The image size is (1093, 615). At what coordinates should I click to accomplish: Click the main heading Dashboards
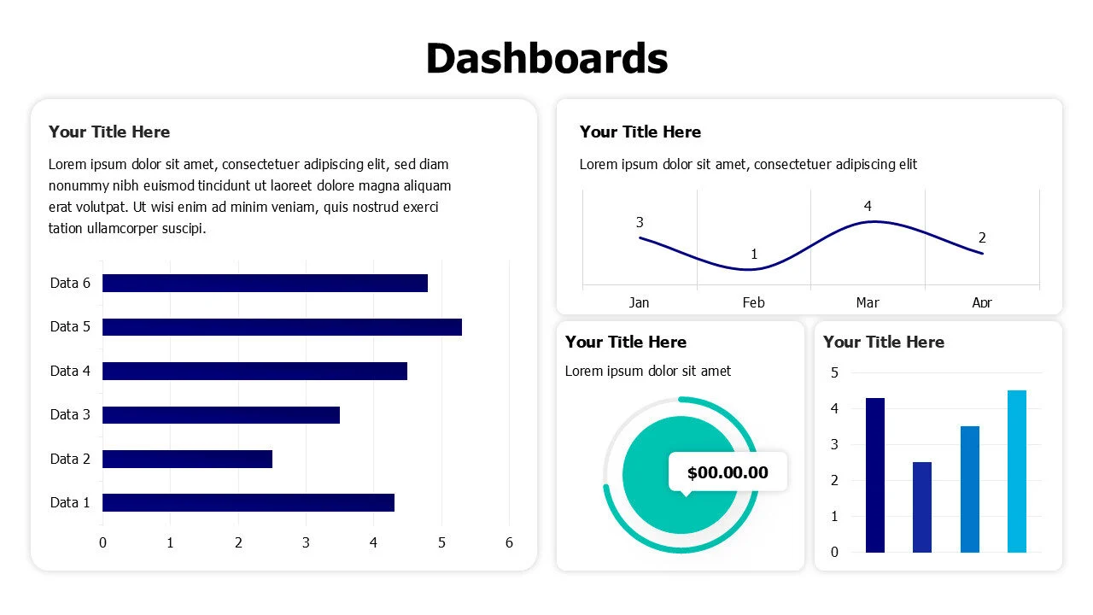[546, 59]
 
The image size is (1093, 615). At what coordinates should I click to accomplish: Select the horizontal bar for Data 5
[282, 327]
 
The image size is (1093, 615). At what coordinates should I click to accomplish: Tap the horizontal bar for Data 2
[187, 459]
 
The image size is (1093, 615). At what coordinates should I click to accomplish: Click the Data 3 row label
[70, 415]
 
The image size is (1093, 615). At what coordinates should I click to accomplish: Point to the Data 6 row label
[70, 284]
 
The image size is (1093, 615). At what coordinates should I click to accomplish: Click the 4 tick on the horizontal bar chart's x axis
[373, 542]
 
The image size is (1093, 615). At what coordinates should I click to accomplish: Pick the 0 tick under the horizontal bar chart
[102, 542]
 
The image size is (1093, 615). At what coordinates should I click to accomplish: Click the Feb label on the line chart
[753, 302]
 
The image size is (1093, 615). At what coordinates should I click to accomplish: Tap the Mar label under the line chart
[868, 302]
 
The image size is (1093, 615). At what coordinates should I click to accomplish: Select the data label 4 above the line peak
[868, 207]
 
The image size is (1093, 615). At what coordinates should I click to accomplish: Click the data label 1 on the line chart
[754, 255]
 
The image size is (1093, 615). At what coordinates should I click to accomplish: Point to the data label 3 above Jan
[640, 223]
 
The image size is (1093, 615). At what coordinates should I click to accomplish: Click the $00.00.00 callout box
[728, 472]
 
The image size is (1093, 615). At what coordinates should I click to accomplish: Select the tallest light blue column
[1016, 471]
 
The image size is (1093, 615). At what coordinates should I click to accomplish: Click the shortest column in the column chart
[922, 507]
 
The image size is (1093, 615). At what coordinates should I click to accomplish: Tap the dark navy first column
[875, 475]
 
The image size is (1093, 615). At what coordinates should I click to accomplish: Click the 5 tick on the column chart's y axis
[834, 372]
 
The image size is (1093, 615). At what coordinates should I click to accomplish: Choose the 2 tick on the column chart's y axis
[834, 481]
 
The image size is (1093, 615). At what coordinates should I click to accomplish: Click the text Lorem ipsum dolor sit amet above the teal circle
[648, 371]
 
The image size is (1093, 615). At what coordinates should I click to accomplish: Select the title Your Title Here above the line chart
[640, 132]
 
